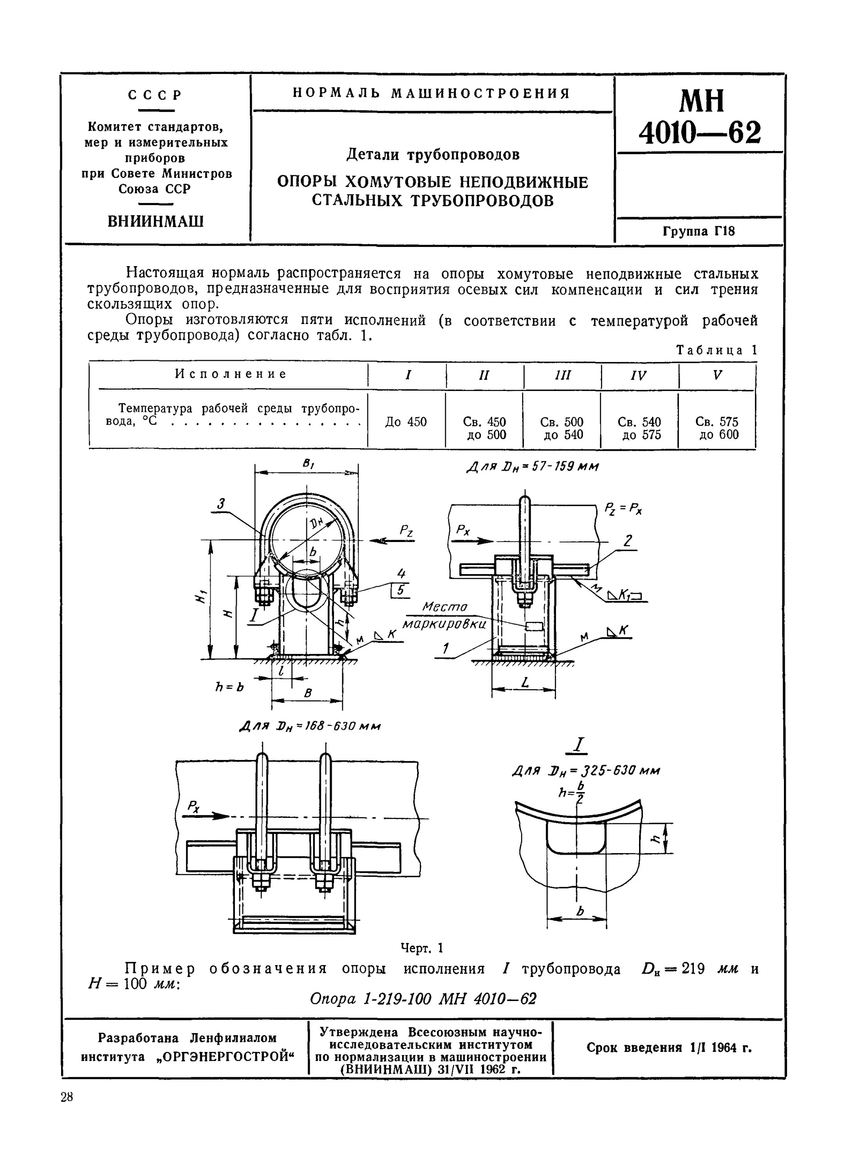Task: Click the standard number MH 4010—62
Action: pos(699,117)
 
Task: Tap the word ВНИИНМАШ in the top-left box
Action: pos(155,221)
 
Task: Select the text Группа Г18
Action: pos(699,231)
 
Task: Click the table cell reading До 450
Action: pos(406,422)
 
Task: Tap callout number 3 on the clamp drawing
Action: pos(221,503)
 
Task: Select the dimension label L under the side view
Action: pos(525,683)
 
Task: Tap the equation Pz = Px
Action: pos(624,508)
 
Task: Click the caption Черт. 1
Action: pos(422,948)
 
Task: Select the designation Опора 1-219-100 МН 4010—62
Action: pos(423,999)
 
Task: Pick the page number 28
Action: pos(67,1097)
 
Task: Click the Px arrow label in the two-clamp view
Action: pos(194,805)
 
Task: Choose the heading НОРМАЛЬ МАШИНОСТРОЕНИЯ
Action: pos(432,94)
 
